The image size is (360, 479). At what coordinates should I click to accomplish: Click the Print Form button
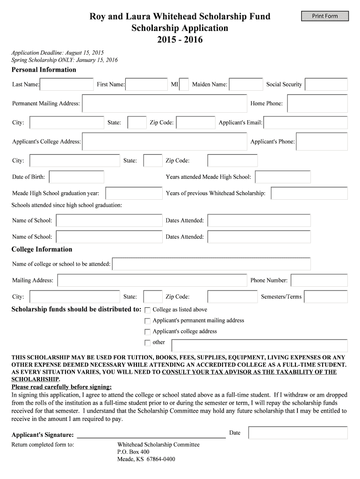click(x=325, y=16)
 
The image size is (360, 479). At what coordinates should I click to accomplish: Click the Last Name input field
click(x=67, y=84)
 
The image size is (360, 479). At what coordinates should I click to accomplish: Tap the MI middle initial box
click(x=184, y=84)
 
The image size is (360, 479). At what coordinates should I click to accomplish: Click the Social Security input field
click(x=326, y=84)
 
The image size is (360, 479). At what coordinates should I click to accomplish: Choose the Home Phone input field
click(x=317, y=103)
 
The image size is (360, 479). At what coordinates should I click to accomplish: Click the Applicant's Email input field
click(x=306, y=123)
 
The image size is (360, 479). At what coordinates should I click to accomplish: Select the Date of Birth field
click(x=77, y=177)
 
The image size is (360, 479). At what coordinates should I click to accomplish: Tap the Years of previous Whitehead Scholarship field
click(x=309, y=193)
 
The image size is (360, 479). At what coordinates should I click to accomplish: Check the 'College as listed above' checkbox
click(x=148, y=310)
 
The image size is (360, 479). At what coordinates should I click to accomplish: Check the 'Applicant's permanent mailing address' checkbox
click(x=148, y=321)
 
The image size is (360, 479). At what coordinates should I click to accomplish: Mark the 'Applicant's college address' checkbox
click(x=148, y=332)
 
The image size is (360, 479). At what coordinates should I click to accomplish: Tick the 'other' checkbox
click(x=148, y=342)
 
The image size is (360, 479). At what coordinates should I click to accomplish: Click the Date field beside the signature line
click(x=298, y=433)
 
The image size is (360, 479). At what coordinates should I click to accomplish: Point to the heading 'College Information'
click(x=42, y=249)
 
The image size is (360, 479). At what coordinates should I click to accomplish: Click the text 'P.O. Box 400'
click(x=133, y=452)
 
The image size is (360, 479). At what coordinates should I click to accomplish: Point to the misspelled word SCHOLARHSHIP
click(x=36, y=379)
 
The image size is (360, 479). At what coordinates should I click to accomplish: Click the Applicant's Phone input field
click(x=322, y=141)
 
